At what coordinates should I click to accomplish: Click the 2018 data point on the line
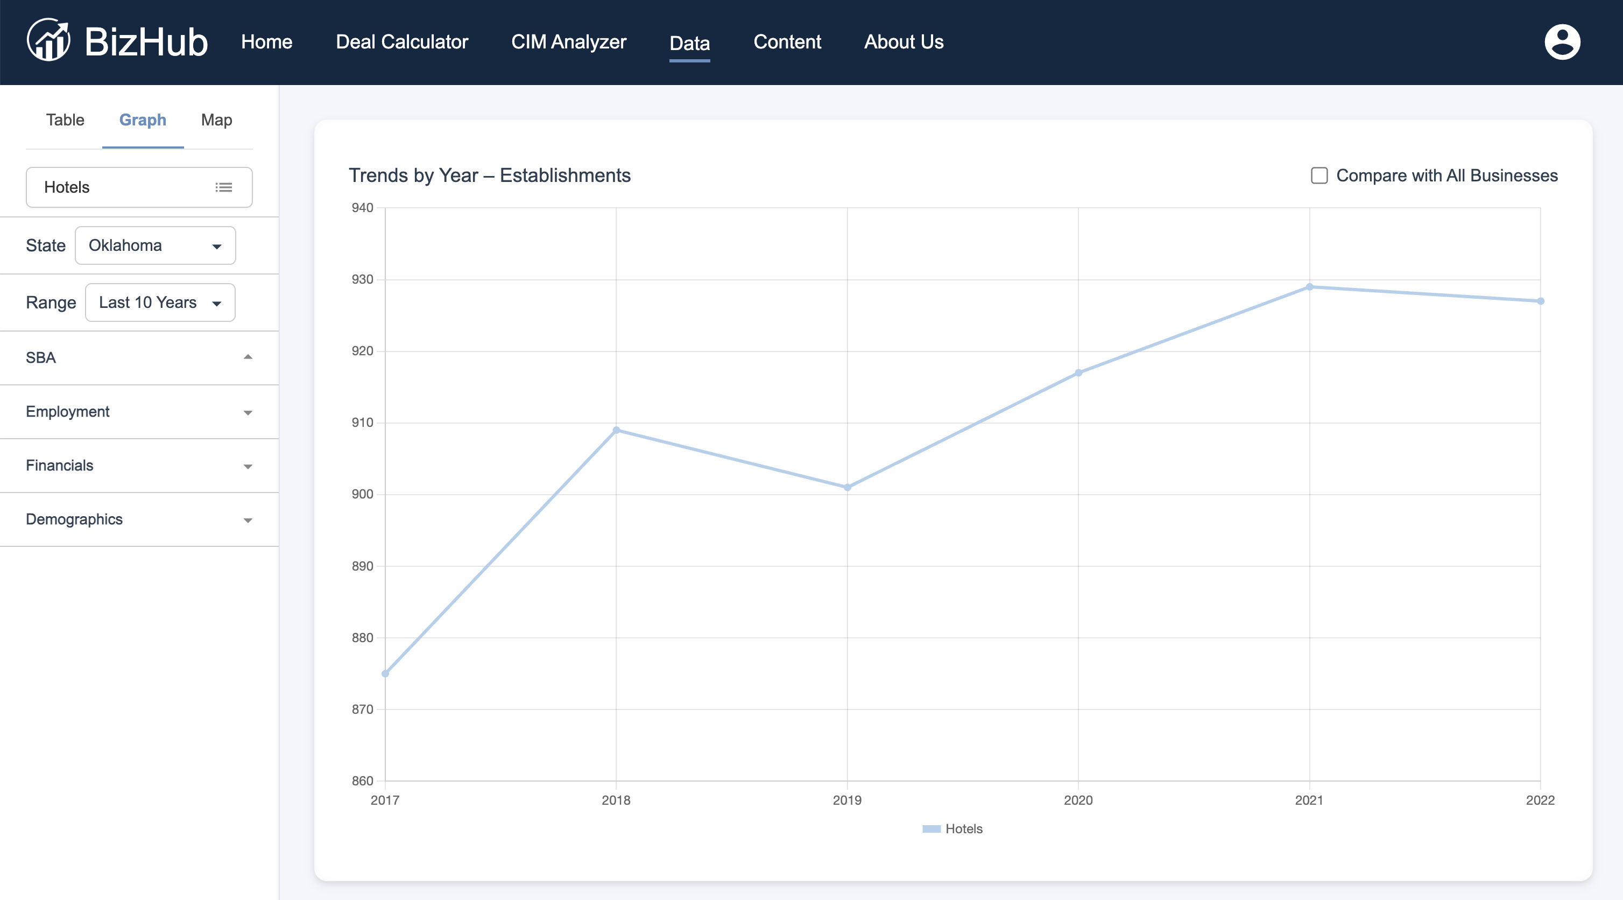pyautogui.click(x=616, y=431)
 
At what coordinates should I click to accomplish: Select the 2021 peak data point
pyautogui.click(x=1309, y=287)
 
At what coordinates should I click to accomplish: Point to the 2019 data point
pyautogui.click(x=848, y=487)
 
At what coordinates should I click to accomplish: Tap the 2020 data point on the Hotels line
pyautogui.click(x=1078, y=372)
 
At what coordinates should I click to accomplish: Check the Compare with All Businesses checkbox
pyautogui.click(x=1319, y=175)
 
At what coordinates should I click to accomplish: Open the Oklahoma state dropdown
pyautogui.click(x=155, y=245)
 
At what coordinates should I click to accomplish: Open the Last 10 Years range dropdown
pyautogui.click(x=160, y=303)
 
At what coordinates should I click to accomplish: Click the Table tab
pyautogui.click(x=65, y=119)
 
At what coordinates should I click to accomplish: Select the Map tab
pyautogui.click(x=217, y=119)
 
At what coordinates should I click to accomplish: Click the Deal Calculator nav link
pyautogui.click(x=402, y=41)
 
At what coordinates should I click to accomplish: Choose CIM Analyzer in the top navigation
pyautogui.click(x=569, y=41)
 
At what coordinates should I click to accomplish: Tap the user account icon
pyautogui.click(x=1563, y=42)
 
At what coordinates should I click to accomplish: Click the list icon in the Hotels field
pyautogui.click(x=224, y=187)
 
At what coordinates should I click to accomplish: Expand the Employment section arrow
pyautogui.click(x=248, y=413)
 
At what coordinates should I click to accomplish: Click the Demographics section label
pyautogui.click(x=74, y=519)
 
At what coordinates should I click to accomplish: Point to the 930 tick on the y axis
pyautogui.click(x=362, y=279)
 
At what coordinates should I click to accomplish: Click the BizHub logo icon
pyautogui.click(x=48, y=40)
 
